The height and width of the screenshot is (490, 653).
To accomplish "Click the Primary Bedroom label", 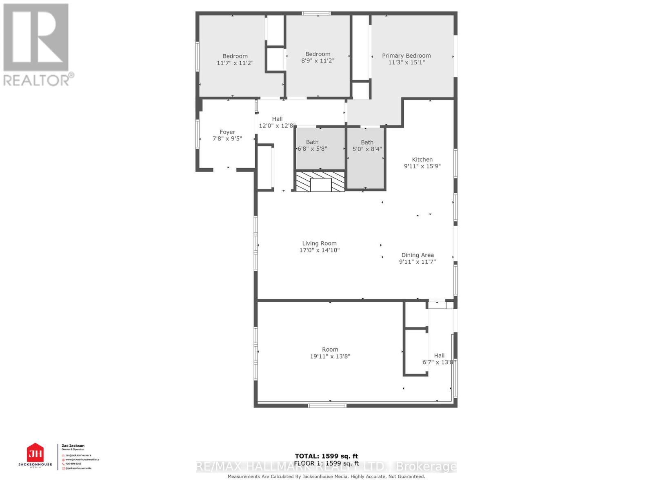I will (x=406, y=56).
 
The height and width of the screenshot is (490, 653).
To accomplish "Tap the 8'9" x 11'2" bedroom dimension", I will (x=318, y=61).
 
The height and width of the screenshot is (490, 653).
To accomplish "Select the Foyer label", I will (x=227, y=132).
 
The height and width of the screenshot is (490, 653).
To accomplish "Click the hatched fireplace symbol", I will (x=320, y=182).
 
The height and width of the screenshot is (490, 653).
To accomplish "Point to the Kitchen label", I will (x=422, y=160).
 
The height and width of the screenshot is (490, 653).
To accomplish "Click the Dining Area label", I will (x=417, y=255).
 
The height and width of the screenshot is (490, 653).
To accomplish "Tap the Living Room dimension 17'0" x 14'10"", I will (x=319, y=250).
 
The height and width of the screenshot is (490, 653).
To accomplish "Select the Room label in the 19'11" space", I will (x=330, y=350).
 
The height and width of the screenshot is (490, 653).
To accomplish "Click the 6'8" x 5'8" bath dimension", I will (x=312, y=149).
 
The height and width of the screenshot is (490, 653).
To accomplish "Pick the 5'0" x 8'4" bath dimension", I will (x=367, y=149).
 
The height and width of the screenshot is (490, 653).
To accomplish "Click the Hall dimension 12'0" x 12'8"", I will (x=277, y=126).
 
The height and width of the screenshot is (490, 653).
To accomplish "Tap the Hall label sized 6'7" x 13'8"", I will (x=439, y=356).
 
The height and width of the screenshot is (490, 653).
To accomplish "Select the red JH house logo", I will (x=35, y=453).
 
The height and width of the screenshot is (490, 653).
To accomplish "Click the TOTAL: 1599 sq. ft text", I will (x=326, y=456).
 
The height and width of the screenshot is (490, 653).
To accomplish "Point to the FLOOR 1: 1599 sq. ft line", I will (x=326, y=463).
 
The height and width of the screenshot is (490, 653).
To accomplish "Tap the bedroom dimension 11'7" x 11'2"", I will (x=235, y=63).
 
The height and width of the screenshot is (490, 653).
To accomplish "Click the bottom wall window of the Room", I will (x=327, y=406).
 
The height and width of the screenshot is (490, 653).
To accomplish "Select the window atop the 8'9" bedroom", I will (x=316, y=13).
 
